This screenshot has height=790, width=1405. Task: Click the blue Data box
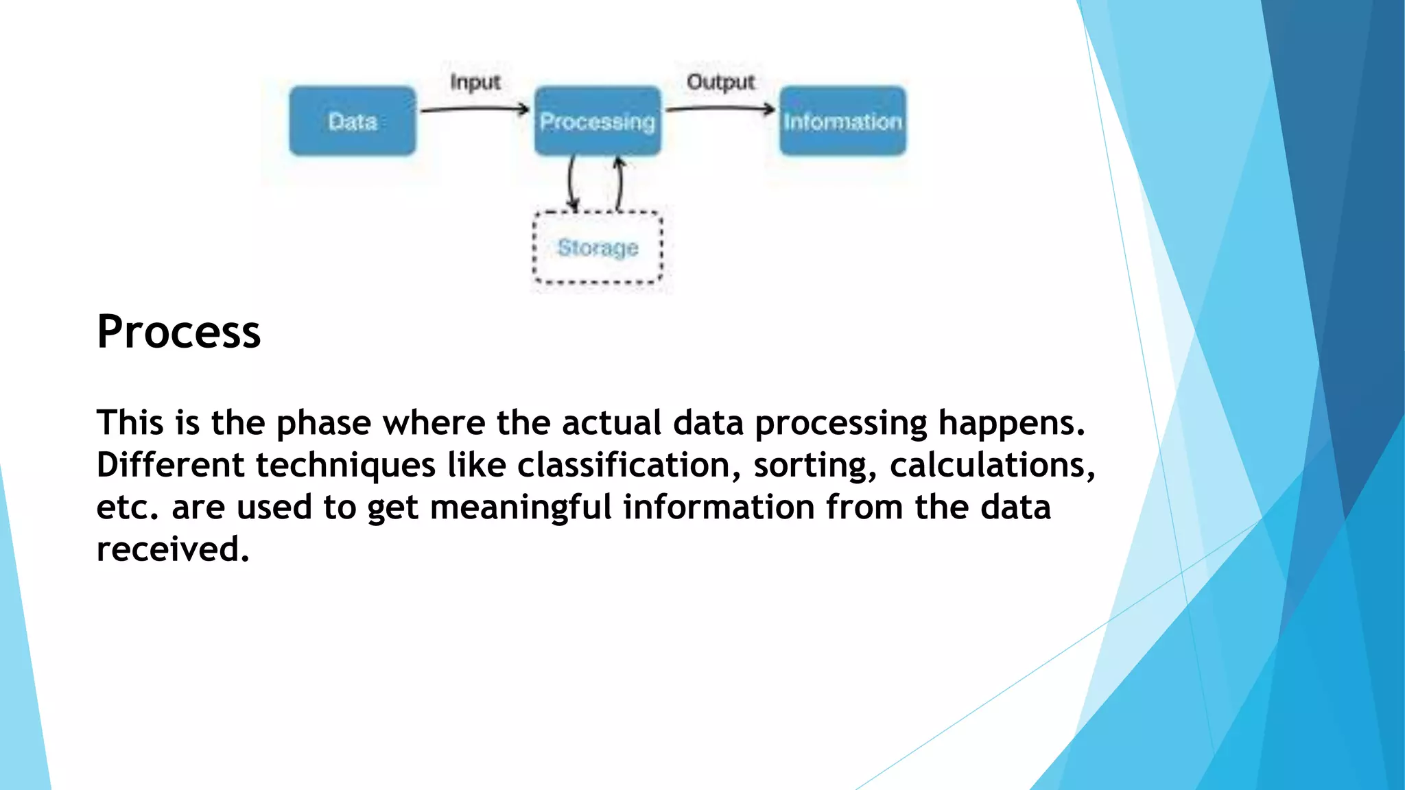[x=352, y=121]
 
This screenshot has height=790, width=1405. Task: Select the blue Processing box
[x=598, y=121]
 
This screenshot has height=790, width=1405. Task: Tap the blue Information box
[x=842, y=121]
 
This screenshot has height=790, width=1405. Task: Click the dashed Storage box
[x=598, y=248]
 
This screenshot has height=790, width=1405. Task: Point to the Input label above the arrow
[x=475, y=82]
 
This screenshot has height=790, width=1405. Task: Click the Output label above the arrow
[x=720, y=82]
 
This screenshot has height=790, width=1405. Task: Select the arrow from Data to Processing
[x=475, y=109]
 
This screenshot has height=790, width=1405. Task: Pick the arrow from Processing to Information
[x=720, y=108]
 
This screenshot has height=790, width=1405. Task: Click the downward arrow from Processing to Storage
[x=571, y=182]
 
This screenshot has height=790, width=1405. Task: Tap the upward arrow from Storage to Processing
[x=619, y=182]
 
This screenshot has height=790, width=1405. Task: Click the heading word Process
[x=178, y=332]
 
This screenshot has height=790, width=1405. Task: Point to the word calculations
[x=991, y=465]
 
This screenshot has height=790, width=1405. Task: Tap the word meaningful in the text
[x=520, y=508]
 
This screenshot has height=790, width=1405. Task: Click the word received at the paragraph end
[x=172, y=549]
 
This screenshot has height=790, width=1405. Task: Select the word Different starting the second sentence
[x=170, y=465]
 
